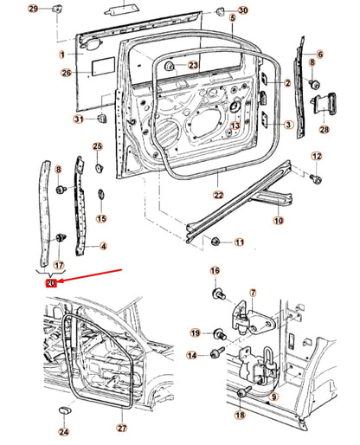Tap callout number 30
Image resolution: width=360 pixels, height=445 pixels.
pyautogui.click(x=242, y=10)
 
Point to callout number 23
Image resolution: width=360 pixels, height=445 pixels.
pyautogui.click(x=193, y=65)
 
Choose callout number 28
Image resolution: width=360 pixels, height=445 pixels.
pyautogui.click(x=325, y=130)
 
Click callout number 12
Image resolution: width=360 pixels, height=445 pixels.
pyautogui.click(x=317, y=156)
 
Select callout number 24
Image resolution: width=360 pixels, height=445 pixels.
pyautogui.click(x=63, y=431)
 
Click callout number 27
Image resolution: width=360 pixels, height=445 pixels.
pyautogui.click(x=122, y=429)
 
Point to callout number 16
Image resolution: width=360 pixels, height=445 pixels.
pyautogui.click(x=215, y=271)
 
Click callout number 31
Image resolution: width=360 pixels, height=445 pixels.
pyautogui.click(x=79, y=119)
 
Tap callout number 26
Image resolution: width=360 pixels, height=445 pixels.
pyautogui.click(x=66, y=73)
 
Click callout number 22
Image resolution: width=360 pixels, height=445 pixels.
pyautogui.click(x=219, y=196)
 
